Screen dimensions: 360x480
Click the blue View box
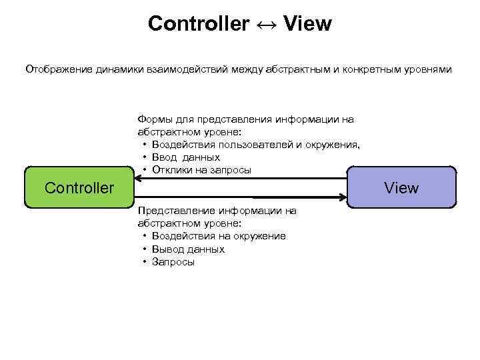(x=401, y=187)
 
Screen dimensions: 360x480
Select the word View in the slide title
(x=307, y=24)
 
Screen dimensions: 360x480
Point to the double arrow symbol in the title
(x=266, y=25)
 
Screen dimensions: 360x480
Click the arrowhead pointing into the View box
(x=344, y=197)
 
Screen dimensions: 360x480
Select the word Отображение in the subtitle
(x=55, y=69)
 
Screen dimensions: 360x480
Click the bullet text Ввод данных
(x=185, y=157)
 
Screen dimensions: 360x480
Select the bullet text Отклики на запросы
(x=201, y=169)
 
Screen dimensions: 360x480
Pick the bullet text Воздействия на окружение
(x=219, y=236)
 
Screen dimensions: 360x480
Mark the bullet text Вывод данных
(x=188, y=249)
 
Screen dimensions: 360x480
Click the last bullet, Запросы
(x=173, y=261)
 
